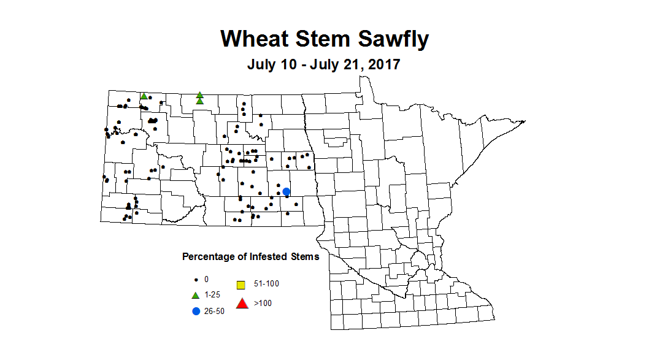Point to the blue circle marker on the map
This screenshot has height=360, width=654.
286,192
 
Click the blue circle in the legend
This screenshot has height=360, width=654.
196,311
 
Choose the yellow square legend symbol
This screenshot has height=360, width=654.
241,285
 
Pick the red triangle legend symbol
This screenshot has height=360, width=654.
242,303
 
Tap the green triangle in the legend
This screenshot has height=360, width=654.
196,295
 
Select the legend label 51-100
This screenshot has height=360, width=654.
266,284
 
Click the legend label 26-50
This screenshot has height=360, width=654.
214,311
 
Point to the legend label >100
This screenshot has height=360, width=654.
263,303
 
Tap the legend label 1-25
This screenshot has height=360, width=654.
212,295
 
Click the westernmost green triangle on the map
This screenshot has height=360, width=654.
144,96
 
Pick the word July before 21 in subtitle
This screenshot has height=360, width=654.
325,64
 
